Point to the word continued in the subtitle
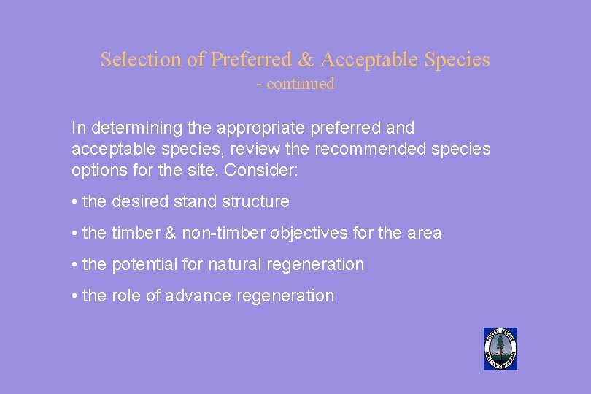click(300, 84)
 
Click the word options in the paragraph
click(98, 171)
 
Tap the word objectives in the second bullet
click(304, 233)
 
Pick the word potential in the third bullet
click(141, 265)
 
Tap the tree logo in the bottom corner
click(501, 348)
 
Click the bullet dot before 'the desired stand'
click(75, 202)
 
